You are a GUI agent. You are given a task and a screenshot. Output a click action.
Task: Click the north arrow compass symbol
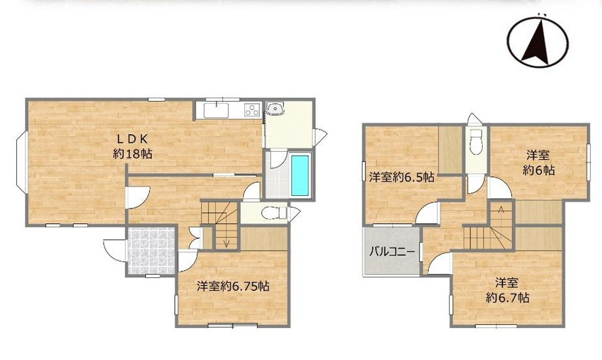537,41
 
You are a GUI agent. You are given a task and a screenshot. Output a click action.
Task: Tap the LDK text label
134,138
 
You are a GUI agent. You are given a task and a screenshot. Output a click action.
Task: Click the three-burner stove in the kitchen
251,110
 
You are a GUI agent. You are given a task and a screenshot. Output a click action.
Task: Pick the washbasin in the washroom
274,109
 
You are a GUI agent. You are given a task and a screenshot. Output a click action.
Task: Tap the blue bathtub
300,174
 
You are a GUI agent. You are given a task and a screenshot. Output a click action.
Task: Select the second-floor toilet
476,140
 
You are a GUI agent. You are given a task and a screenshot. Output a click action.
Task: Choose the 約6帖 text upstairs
538,170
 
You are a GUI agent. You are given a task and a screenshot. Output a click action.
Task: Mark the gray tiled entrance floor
150,250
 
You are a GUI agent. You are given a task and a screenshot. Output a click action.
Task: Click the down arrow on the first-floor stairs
225,242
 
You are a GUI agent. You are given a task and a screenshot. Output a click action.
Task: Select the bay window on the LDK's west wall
21,161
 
